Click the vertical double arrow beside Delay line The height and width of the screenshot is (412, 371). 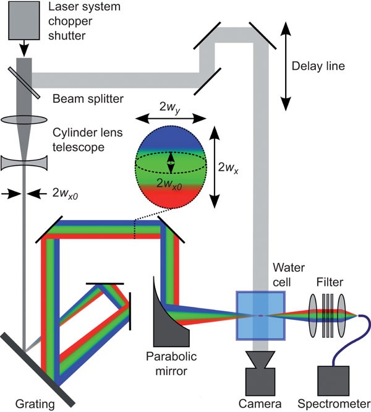pos(287,66)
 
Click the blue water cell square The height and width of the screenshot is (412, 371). pos(261,316)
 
